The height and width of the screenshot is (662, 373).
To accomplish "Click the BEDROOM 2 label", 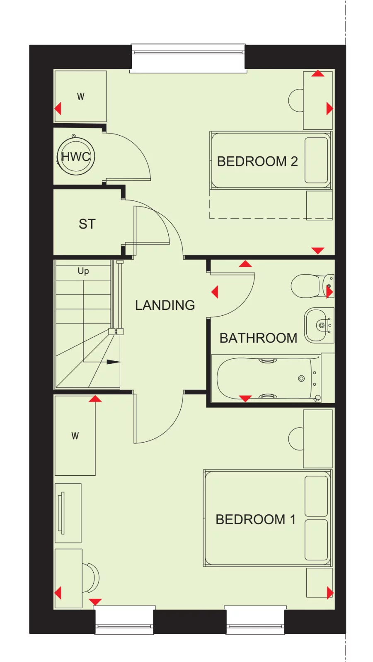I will click(x=257, y=161).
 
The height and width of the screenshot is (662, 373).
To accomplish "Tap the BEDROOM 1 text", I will click(x=255, y=519).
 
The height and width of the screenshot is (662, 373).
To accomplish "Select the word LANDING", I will click(x=165, y=305).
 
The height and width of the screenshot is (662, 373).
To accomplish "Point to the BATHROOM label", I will click(x=258, y=338).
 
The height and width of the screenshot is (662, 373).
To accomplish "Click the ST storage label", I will click(x=87, y=224).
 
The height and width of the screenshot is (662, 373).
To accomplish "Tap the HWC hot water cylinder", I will click(x=76, y=157).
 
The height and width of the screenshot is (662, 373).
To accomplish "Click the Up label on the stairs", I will click(x=83, y=271).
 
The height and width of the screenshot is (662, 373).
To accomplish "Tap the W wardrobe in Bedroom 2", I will click(x=81, y=97).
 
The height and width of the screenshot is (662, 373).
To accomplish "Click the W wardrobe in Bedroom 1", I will click(x=75, y=436).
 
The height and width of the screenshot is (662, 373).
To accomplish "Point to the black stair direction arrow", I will click(x=113, y=362).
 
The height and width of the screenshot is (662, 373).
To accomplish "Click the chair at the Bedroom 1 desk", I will click(x=91, y=577).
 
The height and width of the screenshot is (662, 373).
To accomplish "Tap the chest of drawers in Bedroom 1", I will click(x=68, y=513).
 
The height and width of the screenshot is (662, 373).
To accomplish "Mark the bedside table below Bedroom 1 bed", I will click(x=319, y=582).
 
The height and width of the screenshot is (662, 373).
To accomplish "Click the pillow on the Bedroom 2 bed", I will click(x=316, y=160).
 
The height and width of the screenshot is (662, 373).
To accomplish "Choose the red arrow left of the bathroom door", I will click(x=215, y=292).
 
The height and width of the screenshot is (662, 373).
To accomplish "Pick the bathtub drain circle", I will click(x=301, y=378).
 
